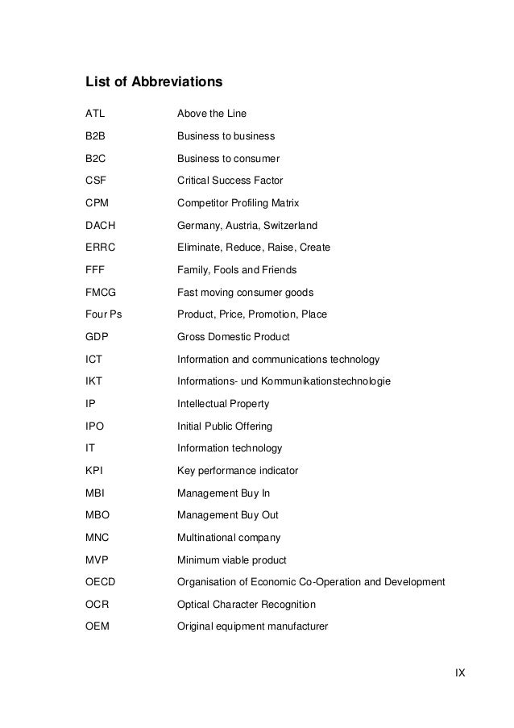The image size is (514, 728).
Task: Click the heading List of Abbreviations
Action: click(154, 82)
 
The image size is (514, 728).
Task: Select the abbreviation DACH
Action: click(100, 225)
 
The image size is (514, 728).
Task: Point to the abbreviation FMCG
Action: click(101, 292)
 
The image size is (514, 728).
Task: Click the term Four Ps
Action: click(104, 314)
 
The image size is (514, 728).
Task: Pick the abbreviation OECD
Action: click(101, 581)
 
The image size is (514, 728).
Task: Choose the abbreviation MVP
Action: click(97, 560)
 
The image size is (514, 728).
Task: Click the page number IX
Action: click(460, 672)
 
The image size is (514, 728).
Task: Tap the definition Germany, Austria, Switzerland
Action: click(247, 225)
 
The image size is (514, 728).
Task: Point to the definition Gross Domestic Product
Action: click(233, 336)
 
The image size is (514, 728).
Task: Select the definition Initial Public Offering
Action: click(225, 426)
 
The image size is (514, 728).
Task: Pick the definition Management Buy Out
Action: click(228, 514)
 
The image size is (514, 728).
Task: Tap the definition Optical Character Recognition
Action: click(247, 604)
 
